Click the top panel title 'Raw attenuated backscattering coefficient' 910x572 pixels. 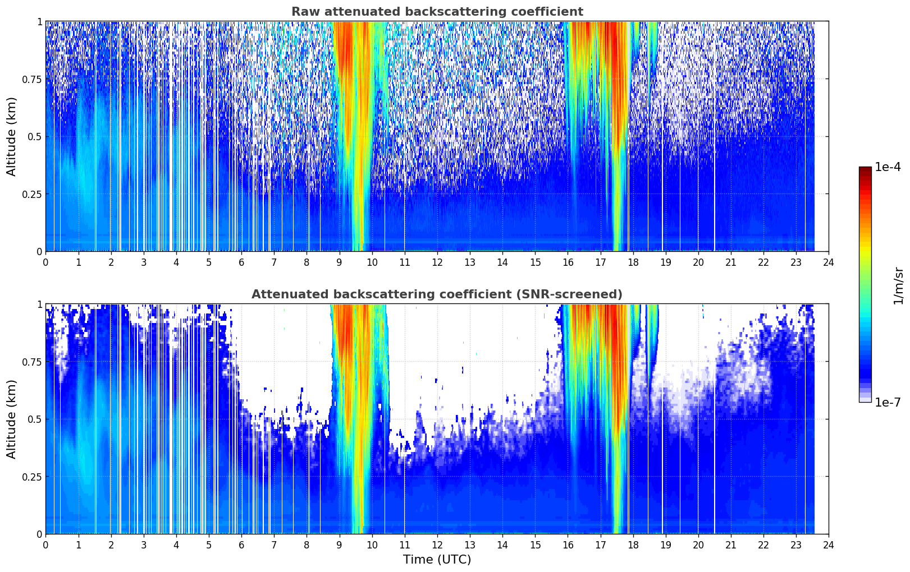click(437, 12)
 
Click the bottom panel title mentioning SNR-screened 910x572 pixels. click(437, 294)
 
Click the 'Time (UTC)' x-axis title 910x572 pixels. click(437, 560)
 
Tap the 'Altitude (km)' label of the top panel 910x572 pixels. click(12, 136)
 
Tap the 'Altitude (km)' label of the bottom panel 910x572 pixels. click(12, 419)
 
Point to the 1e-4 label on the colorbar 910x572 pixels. click(888, 168)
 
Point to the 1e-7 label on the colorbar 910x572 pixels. click(888, 402)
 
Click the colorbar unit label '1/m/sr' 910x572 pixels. click(898, 286)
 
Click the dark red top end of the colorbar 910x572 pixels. click(865, 169)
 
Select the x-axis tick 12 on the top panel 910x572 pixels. click(437, 262)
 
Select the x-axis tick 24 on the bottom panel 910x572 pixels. click(829, 545)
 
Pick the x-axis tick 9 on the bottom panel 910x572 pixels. click(339, 545)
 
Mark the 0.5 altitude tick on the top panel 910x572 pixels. click(34, 137)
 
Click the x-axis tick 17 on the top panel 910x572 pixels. click(600, 262)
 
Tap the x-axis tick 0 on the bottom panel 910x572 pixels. click(45, 545)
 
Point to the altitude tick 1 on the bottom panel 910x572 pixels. click(39, 304)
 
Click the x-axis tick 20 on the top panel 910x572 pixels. click(698, 262)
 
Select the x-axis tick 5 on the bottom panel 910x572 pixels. click(209, 545)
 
